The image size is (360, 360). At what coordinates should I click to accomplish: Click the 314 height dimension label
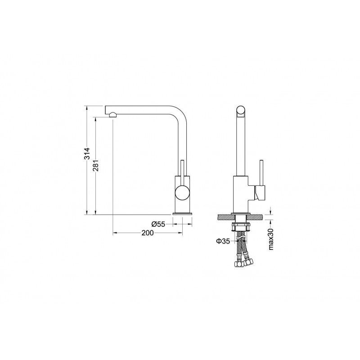tap(86, 153)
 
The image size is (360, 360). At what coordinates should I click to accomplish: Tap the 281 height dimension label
tap(95, 165)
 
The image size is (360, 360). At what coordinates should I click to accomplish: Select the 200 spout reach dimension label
tap(148, 233)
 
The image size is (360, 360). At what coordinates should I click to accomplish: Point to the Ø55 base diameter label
tap(158, 224)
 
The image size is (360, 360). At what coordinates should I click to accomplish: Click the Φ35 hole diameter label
tap(223, 241)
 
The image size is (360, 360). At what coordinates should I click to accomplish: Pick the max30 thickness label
tap(271, 239)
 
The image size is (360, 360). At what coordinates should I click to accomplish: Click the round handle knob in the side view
tap(182, 193)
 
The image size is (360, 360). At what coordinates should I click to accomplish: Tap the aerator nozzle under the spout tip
tap(112, 115)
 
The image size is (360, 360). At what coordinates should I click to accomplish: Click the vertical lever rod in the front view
tap(261, 173)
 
